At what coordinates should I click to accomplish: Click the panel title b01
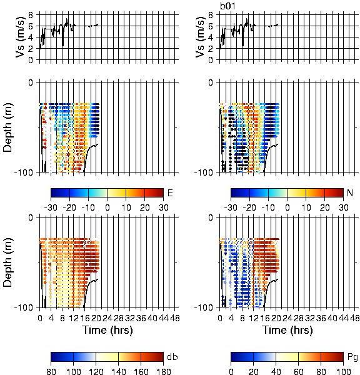pos(227,6)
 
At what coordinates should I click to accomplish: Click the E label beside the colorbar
pos(170,192)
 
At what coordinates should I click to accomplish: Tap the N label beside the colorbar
pos(350,192)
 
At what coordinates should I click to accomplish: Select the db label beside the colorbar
pos(172,357)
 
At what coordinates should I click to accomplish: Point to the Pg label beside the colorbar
pos(352,357)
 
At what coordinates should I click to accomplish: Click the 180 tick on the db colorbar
pos(163,371)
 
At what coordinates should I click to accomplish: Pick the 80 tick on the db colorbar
pos(51,371)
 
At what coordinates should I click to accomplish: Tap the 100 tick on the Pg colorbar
pos(343,371)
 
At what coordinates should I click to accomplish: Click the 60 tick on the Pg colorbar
pos(298,371)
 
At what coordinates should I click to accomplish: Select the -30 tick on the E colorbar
pos(51,207)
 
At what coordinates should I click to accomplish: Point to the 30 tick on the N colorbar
pos(343,207)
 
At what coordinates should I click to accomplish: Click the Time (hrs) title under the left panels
pos(107,330)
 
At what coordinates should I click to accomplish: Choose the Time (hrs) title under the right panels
pos(287,330)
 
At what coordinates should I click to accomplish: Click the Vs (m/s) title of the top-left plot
pos(20,37)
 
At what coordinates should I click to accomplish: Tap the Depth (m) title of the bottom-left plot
pos(7,262)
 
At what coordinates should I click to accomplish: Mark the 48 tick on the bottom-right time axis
pos(354,318)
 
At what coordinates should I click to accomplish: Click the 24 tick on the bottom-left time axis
pos(107,318)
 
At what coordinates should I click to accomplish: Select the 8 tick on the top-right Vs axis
pos(211,15)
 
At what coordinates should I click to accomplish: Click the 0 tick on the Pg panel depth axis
pos(211,217)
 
